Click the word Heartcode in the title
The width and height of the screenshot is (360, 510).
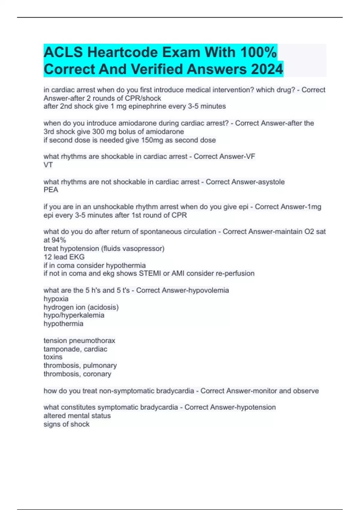[123, 52]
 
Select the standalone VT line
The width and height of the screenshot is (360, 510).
[48, 165]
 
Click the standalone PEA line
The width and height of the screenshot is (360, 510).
[51, 190]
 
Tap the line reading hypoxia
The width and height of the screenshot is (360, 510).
[56, 299]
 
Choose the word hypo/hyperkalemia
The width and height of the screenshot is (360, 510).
[74, 315]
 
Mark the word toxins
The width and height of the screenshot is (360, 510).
[53, 357]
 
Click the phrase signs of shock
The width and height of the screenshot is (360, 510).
[66, 424]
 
